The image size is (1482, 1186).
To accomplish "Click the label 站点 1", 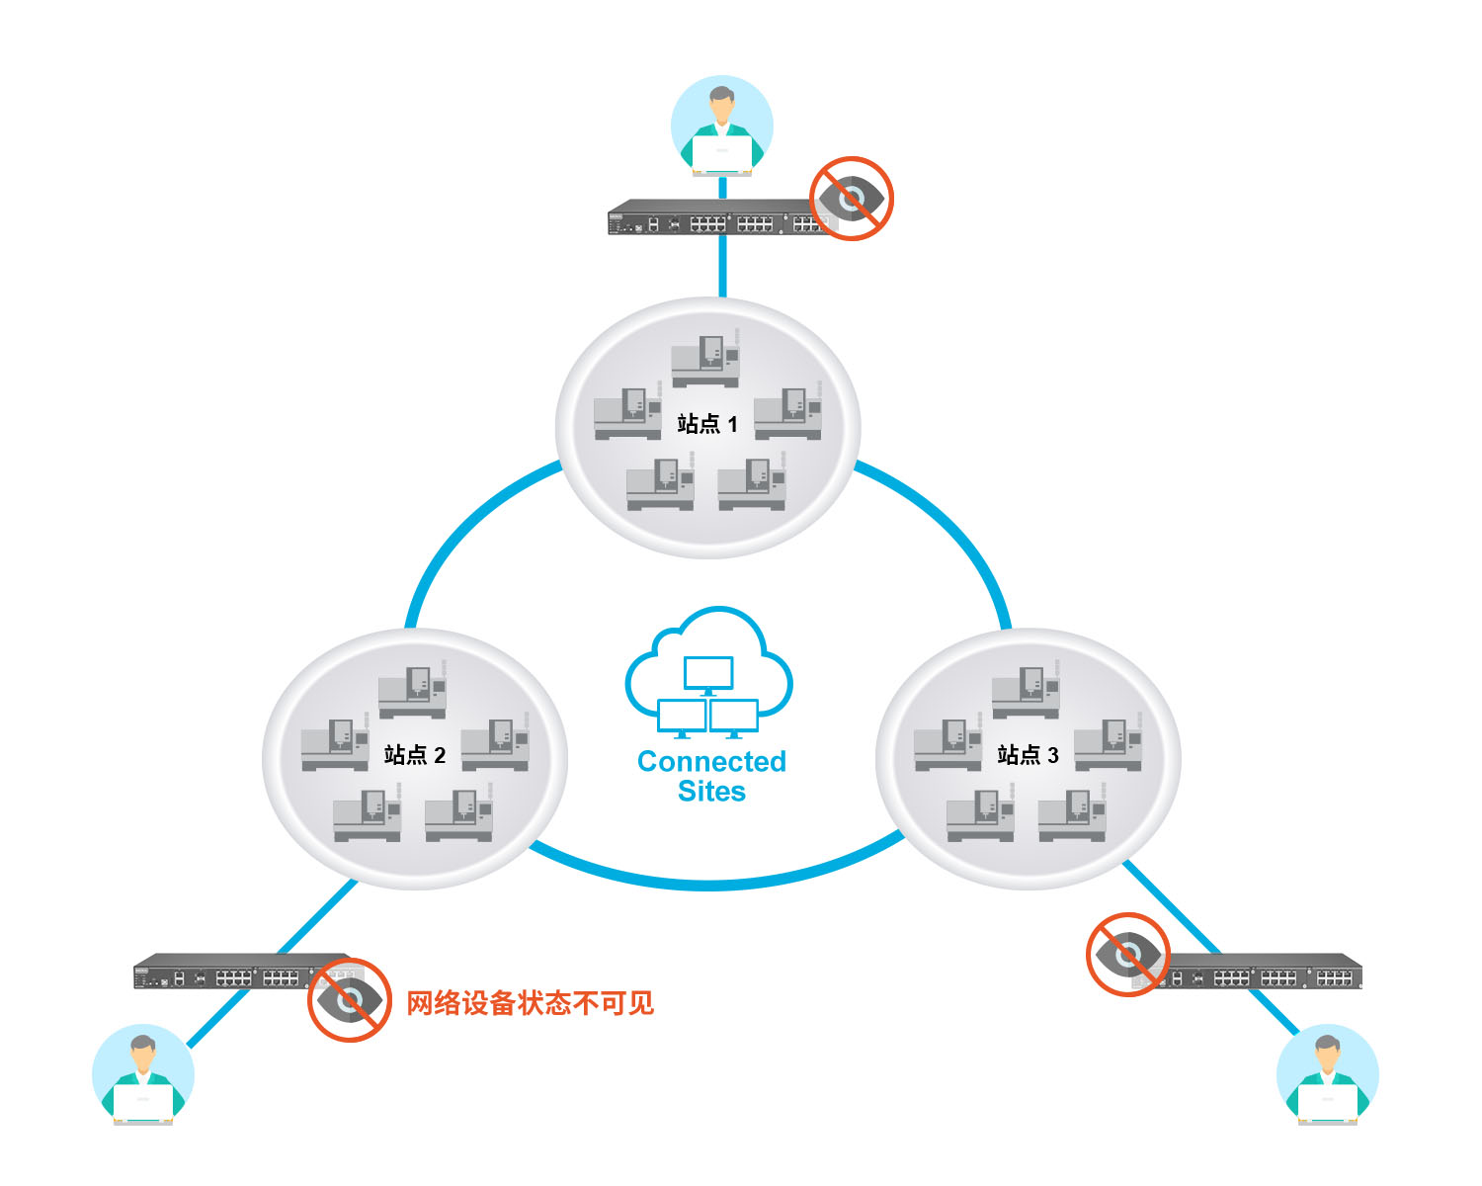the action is point(707,425).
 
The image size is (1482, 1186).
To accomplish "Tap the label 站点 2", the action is point(415,756).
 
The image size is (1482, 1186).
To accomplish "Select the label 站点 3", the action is point(1029,756).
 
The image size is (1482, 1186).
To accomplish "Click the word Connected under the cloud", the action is point(711,762).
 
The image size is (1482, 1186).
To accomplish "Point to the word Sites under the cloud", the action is point(711,792).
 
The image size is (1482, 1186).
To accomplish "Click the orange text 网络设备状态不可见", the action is point(530,1003).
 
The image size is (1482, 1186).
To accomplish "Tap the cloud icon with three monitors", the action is point(708,673).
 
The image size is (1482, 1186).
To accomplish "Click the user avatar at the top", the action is point(721,127).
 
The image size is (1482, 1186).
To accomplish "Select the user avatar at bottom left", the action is point(143,1075).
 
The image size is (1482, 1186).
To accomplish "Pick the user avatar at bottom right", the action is point(1328,1075).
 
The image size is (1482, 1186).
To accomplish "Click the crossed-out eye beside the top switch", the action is point(852,199).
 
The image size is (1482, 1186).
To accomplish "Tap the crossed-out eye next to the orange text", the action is point(349,1000).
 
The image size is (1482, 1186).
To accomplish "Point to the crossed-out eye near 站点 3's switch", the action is point(1128,955).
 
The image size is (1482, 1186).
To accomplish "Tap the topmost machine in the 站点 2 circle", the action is point(413,690).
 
